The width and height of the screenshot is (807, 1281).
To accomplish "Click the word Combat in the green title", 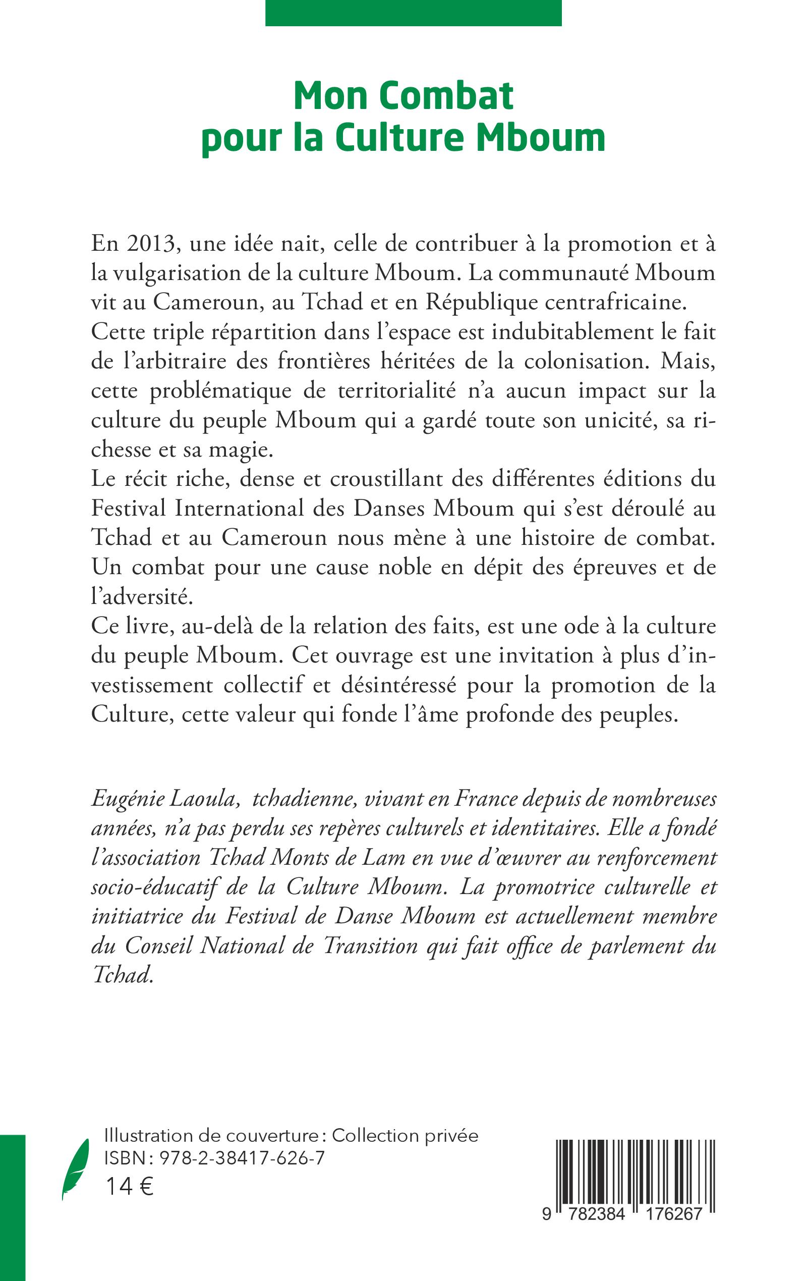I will coord(445,96).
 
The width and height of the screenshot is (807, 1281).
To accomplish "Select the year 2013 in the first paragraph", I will coord(151,244).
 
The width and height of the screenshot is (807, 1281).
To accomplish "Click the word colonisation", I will coord(587,361).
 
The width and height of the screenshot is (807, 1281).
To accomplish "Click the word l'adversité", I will coord(141,597).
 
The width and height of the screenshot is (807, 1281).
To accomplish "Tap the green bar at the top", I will coord(414,13).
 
